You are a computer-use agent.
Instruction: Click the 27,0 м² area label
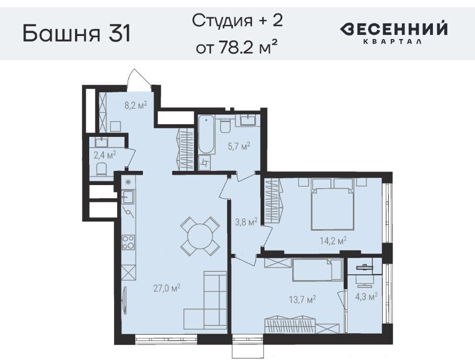click(167, 287)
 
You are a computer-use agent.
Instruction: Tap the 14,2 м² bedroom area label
click(333, 241)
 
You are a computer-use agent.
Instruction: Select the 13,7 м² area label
click(303, 299)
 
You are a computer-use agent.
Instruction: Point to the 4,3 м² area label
click(366, 296)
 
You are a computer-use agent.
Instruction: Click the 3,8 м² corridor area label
click(246, 222)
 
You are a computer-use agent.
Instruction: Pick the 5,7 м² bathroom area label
click(239, 147)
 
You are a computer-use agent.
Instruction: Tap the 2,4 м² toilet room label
click(105, 156)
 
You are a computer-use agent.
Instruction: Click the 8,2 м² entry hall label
click(136, 105)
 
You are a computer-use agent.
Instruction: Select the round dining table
click(200, 236)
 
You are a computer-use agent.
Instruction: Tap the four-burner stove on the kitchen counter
click(128, 242)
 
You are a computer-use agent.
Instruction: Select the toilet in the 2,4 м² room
click(101, 170)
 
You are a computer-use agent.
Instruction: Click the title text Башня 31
click(77, 33)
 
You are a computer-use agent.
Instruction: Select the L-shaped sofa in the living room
click(205, 300)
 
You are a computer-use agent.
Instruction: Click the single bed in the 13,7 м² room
click(317, 270)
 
